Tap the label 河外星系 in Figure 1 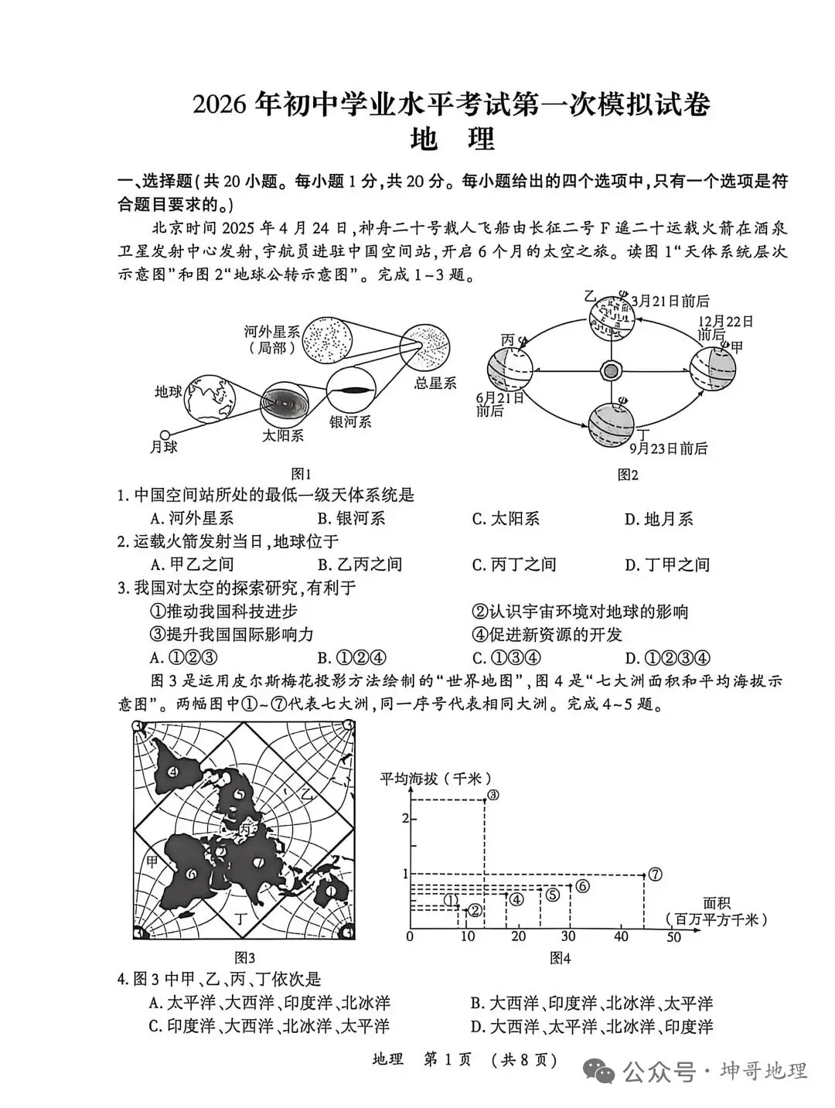pos(272,332)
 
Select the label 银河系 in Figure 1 pos(350,421)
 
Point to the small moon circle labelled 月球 pos(163,435)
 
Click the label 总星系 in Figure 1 pos(435,382)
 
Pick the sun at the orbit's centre pos(611,370)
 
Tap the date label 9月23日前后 pos(668,448)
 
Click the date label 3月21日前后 pos(670,301)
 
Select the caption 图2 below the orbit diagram pos(628,475)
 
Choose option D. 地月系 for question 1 pos(659,519)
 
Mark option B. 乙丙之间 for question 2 pos(360,564)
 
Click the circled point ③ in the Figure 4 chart pos(492,795)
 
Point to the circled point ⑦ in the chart pos(655,874)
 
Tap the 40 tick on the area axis pos(621,936)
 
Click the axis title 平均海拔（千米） pos(437,778)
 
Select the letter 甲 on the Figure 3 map pos(152,861)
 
